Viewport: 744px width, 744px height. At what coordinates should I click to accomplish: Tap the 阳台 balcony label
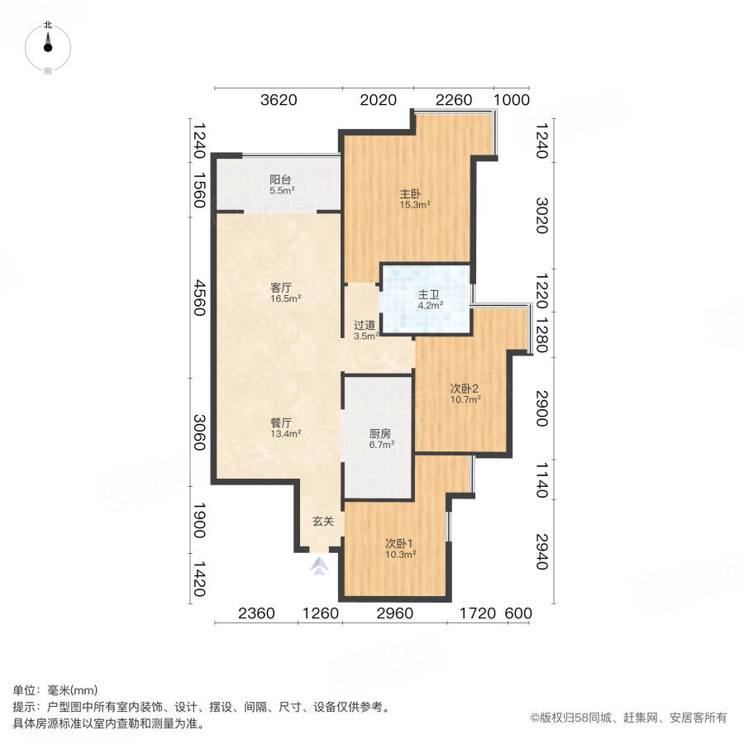[280, 179]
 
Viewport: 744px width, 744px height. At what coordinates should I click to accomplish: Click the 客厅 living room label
[281, 288]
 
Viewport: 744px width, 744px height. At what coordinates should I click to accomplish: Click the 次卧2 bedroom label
[465, 389]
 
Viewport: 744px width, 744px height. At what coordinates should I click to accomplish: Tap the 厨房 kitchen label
[380, 433]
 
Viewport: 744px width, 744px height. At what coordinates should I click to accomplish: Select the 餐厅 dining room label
[281, 422]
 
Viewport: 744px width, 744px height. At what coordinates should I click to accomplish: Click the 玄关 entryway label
[322, 522]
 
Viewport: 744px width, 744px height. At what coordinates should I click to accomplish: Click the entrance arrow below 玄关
[321, 566]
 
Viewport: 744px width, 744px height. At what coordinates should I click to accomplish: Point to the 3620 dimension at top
[278, 101]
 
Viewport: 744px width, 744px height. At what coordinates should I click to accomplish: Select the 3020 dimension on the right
[541, 215]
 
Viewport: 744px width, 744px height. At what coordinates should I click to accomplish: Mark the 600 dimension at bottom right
[517, 613]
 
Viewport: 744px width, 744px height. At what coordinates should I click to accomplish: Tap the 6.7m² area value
[380, 444]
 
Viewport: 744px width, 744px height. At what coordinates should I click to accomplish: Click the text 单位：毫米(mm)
[55, 691]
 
